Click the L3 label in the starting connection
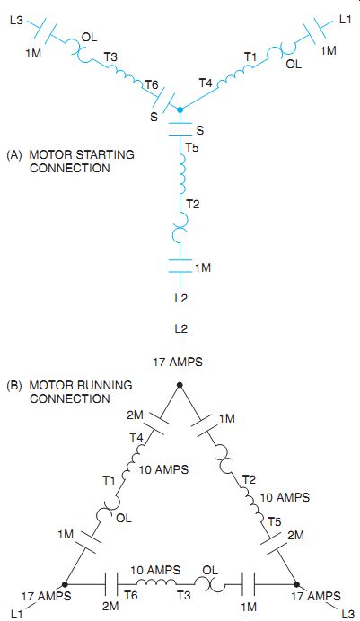point(16,21)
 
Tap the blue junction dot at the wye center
point(180,109)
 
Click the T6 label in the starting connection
point(152,84)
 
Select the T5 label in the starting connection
point(192,147)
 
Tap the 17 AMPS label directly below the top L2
point(178,362)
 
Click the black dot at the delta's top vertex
point(180,385)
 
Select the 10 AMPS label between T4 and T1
point(163,469)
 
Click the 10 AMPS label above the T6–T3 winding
point(155,571)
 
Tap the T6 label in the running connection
point(131,595)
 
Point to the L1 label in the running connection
point(17,614)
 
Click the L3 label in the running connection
point(347,614)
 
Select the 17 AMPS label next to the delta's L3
point(316,596)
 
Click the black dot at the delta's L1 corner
point(65,584)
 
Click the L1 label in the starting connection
point(346,20)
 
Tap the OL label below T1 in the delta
point(124,518)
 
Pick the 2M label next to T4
point(135,415)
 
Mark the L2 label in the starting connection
point(180,298)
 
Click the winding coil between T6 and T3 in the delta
point(157,582)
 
